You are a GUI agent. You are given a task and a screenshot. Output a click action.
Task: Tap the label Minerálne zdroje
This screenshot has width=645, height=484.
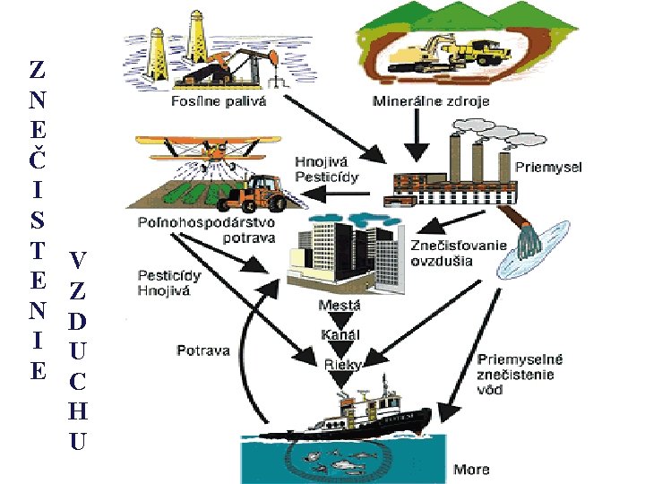pos(431,101)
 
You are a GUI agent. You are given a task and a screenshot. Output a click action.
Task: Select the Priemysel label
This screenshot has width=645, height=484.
pos(548,167)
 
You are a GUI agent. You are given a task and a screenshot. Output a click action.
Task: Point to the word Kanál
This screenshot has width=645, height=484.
pos(340,334)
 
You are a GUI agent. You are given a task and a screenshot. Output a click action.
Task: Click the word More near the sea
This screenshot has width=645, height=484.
pos(471,469)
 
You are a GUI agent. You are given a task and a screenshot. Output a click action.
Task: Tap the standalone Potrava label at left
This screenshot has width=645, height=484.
pos(202,350)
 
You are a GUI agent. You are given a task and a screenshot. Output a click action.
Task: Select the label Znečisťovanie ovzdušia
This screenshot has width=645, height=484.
pos(458,253)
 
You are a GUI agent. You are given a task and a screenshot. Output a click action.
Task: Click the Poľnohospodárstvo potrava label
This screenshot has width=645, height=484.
pos(207,229)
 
